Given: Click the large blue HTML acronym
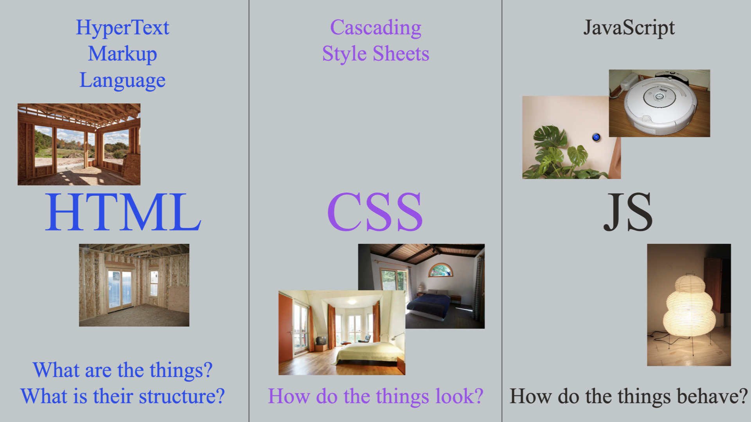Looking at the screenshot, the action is tap(123, 212).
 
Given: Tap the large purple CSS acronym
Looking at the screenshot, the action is tap(375, 212).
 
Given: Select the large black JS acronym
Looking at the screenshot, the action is tap(628, 212).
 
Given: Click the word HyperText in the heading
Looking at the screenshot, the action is tap(122, 28).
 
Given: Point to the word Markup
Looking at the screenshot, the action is tap(122, 54).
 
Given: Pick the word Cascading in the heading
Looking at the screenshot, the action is tap(375, 28).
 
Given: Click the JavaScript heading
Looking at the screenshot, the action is tap(629, 28).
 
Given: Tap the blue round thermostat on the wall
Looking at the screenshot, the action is tap(596, 137).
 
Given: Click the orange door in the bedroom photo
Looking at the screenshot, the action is tap(285, 332).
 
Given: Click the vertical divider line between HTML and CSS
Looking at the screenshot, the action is tap(249, 211).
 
